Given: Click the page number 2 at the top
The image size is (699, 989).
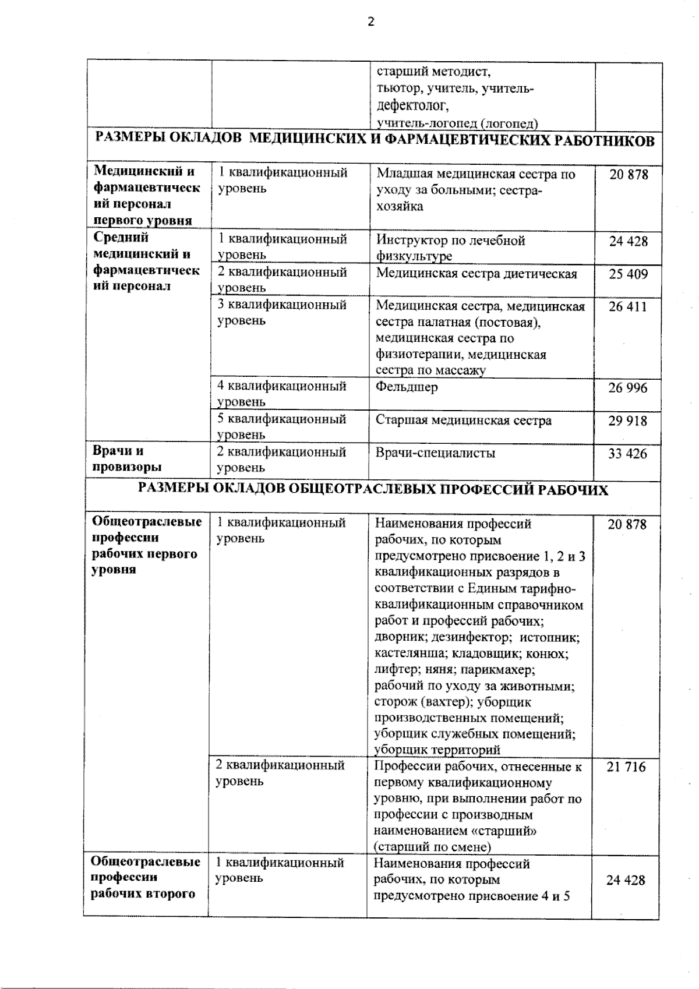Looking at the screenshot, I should coord(371,22).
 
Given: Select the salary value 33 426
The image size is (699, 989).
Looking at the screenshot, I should coord(627,454).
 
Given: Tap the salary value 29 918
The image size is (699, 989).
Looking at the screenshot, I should coord(627,421).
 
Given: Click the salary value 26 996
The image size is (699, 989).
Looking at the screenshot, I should coord(627,387).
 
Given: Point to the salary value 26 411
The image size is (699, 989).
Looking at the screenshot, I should coord(627,306).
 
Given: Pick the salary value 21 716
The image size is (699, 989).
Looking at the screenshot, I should coord(626,767).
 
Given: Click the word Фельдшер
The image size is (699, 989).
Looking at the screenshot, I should coord(407,387).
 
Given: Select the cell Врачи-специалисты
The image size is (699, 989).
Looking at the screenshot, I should coord(436,453).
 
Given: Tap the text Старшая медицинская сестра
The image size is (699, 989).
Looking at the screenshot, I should coord(464,421).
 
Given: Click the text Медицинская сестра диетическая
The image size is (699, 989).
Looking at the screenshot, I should coord(476,274).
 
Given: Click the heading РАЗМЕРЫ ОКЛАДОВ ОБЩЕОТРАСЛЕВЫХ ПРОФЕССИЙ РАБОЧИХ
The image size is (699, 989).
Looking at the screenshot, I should coord(373,490).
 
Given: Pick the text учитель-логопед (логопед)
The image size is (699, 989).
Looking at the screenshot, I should coord(457,123).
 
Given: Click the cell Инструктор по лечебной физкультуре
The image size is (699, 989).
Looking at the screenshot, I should coord(450,248).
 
